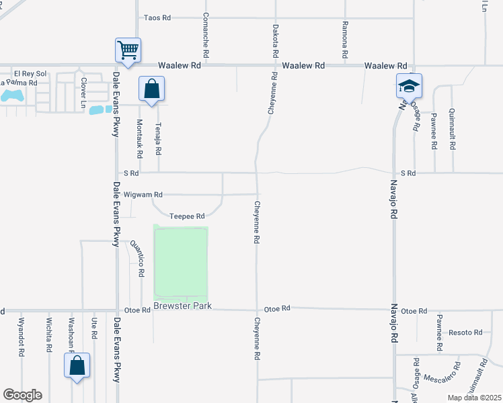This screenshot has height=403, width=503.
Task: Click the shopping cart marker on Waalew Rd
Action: [128, 50]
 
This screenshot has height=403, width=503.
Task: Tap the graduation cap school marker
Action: [409, 86]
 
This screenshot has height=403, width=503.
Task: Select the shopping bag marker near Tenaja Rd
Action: [152, 89]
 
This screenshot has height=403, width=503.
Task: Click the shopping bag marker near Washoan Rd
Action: [77, 366]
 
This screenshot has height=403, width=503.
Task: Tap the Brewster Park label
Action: [182, 306]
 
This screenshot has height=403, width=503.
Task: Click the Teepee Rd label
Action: [187, 216]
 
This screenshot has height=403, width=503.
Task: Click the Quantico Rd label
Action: [137, 259]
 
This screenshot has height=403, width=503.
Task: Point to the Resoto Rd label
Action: [466, 332]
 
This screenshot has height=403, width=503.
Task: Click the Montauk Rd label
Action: [140, 138]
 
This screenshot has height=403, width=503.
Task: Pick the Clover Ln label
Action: [84, 92]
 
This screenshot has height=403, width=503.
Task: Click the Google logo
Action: [22, 395]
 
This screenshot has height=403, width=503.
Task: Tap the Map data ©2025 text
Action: [473, 398]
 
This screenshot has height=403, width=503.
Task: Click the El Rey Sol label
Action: [31, 73]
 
